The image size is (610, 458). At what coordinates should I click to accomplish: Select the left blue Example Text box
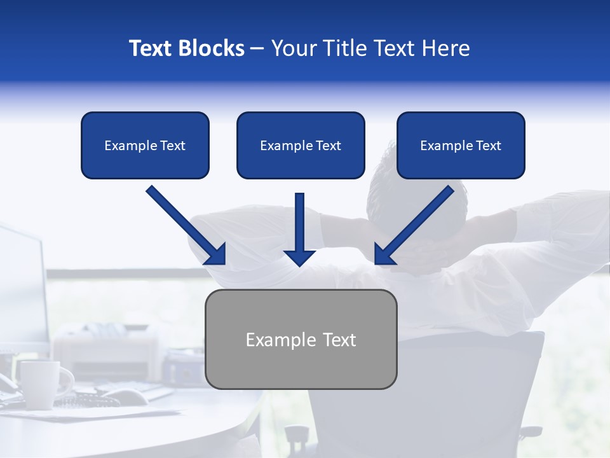pyautogui.click(x=145, y=146)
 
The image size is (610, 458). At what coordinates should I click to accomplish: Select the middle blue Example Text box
pyautogui.click(x=301, y=146)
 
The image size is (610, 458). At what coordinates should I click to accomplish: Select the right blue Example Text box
pyautogui.click(x=461, y=146)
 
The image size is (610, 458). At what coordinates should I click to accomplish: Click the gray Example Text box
pyautogui.click(x=301, y=340)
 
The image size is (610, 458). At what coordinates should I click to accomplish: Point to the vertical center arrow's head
pyautogui.click(x=299, y=257)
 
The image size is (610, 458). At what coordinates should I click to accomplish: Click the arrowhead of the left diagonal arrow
pyautogui.click(x=217, y=255)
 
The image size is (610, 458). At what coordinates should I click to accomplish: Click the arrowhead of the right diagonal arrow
pyautogui.click(x=384, y=255)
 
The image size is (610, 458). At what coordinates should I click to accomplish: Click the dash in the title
pyautogui.click(x=257, y=49)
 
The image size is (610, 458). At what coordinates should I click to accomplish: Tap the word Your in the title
pyautogui.click(x=292, y=48)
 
